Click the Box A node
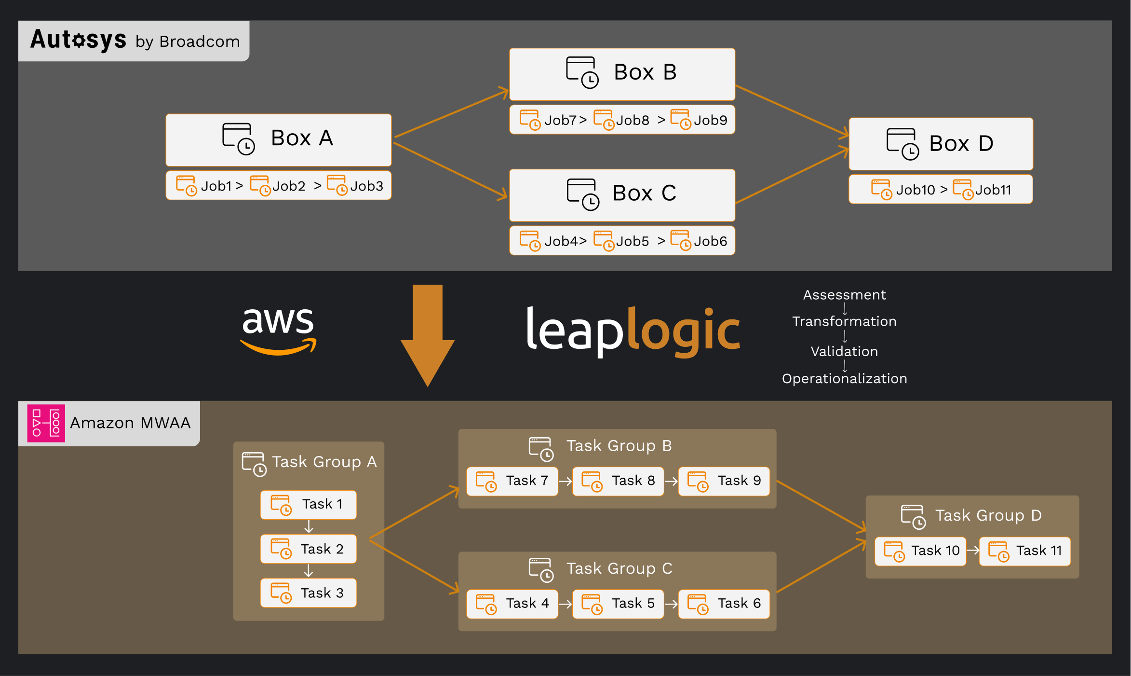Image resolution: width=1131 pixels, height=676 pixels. point(278,139)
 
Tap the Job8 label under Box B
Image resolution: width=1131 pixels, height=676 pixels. point(632,120)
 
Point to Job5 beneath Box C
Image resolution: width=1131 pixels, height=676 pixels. point(632,241)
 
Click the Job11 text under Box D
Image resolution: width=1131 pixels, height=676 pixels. point(993,190)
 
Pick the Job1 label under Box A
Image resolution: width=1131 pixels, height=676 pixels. point(216,186)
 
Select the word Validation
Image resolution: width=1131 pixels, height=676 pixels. point(844,351)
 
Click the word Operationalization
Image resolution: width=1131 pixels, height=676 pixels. point(844,379)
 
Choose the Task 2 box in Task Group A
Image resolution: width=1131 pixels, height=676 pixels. point(308,549)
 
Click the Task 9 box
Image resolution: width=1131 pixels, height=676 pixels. point(724,481)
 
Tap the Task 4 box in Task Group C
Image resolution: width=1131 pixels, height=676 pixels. point(512,604)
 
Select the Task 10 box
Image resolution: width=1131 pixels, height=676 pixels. point(920,551)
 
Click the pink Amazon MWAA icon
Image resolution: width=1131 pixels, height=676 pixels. point(46,423)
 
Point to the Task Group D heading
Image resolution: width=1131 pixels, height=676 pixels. point(988,515)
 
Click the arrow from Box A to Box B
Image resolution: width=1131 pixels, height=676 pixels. point(451,113)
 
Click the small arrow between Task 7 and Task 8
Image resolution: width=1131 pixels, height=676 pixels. point(565,481)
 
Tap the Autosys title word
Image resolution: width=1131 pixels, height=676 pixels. point(79,40)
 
